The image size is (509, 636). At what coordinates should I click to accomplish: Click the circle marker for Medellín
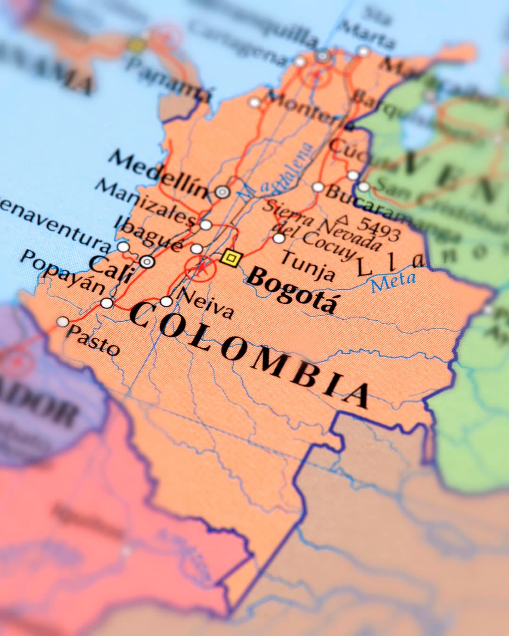(222, 192)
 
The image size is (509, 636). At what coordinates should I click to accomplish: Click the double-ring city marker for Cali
(148, 261)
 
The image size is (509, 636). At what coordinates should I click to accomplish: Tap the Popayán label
(63, 271)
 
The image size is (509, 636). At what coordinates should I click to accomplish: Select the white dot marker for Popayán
(107, 303)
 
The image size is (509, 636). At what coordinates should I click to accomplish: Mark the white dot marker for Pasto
(63, 322)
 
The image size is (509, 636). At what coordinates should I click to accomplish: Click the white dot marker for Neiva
(166, 302)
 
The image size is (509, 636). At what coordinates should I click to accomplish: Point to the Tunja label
(308, 265)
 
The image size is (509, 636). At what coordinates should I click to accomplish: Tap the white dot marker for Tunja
(279, 238)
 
